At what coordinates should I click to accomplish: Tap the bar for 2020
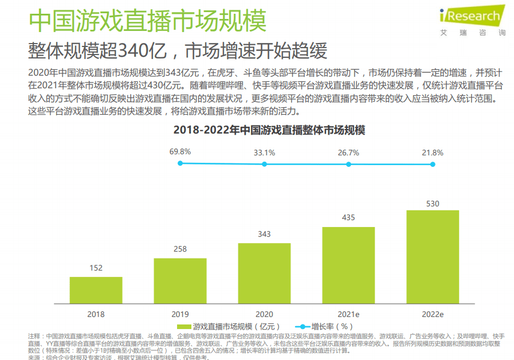[x=264, y=273]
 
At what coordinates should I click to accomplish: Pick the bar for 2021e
[x=348, y=265]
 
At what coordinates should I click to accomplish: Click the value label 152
[x=96, y=268]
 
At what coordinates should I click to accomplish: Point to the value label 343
[x=264, y=234]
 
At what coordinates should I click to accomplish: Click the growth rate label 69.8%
[x=180, y=152]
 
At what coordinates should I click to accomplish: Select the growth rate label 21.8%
[x=433, y=152]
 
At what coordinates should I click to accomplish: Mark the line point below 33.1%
[x=264, y=164]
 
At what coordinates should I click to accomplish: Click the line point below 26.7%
[x=348, y=164]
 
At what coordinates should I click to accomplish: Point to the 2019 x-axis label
[x=180, y=314]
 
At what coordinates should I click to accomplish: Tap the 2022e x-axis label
[x=433, y=314]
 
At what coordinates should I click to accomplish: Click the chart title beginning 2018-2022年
[x=269, y=130]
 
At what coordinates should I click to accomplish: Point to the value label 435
[x=348, y=218]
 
